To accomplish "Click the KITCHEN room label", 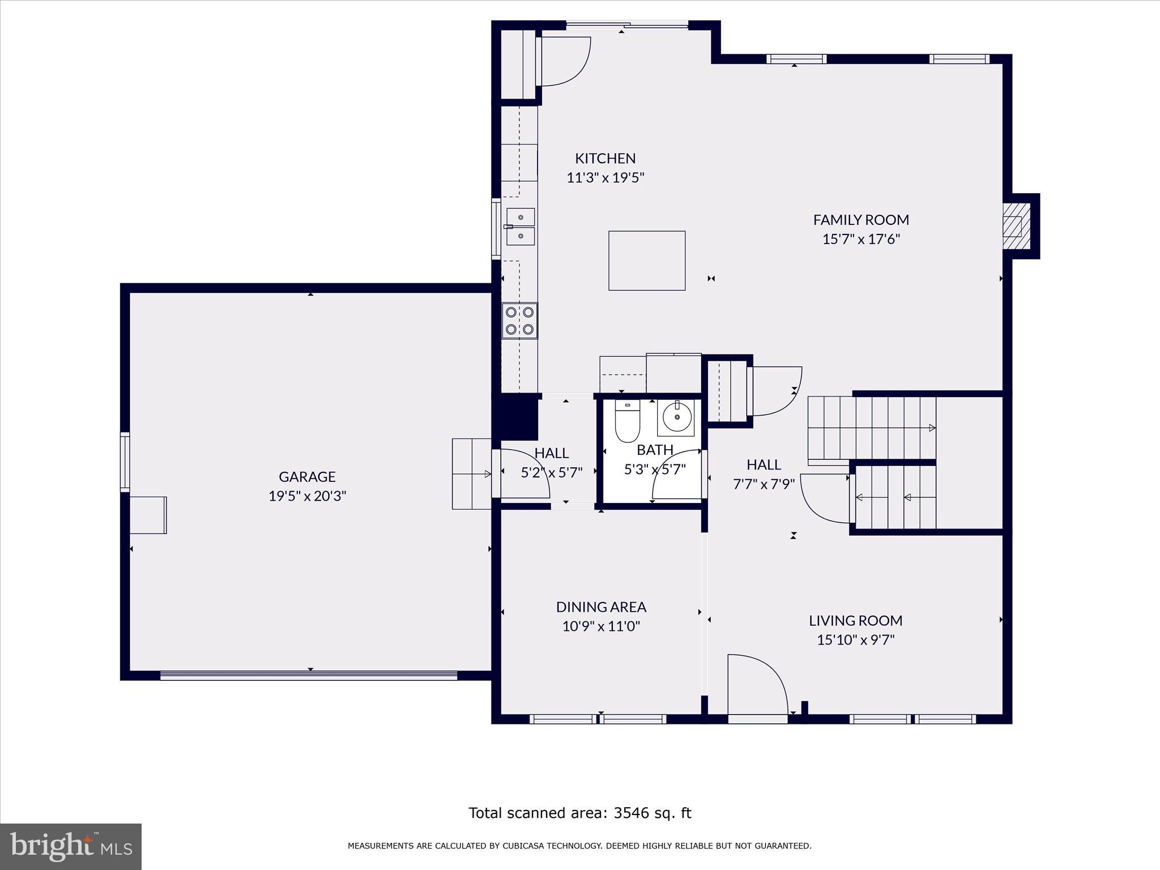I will click(x=605, y=158).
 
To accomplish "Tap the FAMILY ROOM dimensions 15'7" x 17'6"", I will click(x=861, y=239).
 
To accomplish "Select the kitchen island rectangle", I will click(x=647, y=261).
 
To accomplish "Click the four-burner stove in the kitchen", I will click(x=519, y=321).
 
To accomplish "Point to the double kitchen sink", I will click(x=520, y=227).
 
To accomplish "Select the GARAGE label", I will click(x=307, y=477).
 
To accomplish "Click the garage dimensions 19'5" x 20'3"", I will click(x=307, y=496).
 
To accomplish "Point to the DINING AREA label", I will click(x=601, y=607).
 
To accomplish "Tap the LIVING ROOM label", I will click(x=855, y=621).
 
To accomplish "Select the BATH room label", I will click(x=655, y=450).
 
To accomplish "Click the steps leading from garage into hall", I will click(x=471, y=474).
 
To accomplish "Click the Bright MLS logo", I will click(x=70, y=847).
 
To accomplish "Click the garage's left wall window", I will click(x=125, y=462).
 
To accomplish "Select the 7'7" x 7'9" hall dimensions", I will click(x=764, y=484).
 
